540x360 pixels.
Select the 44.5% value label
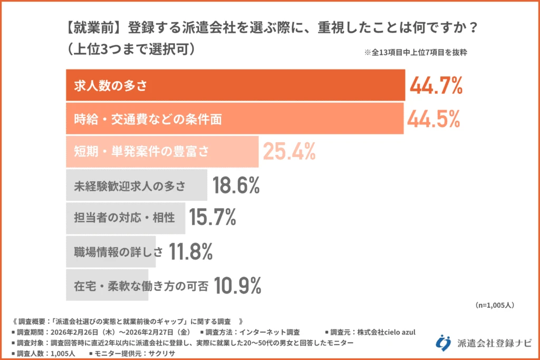coord(433,119)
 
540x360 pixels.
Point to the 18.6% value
coord(236,186)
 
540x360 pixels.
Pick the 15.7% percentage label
coord(213,218)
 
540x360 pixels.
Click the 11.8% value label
coord(190,252)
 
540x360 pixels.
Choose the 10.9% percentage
coord(238,285)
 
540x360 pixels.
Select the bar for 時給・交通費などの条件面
coord(235,119)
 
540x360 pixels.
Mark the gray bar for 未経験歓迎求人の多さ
coord(137,186)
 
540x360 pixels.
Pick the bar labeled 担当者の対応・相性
coord(126,218)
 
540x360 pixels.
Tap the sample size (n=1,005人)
coord(495,305)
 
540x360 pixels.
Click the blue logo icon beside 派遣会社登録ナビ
coord(443,342)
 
